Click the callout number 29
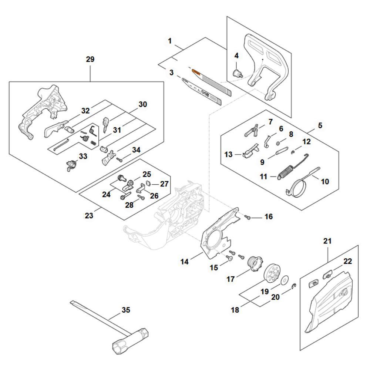coord(90,59)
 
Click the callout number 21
coord(327,241)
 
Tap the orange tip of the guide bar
coord(196,72)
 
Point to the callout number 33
coord(83,157)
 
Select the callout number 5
coord(320,125)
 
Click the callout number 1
coord(170,41)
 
